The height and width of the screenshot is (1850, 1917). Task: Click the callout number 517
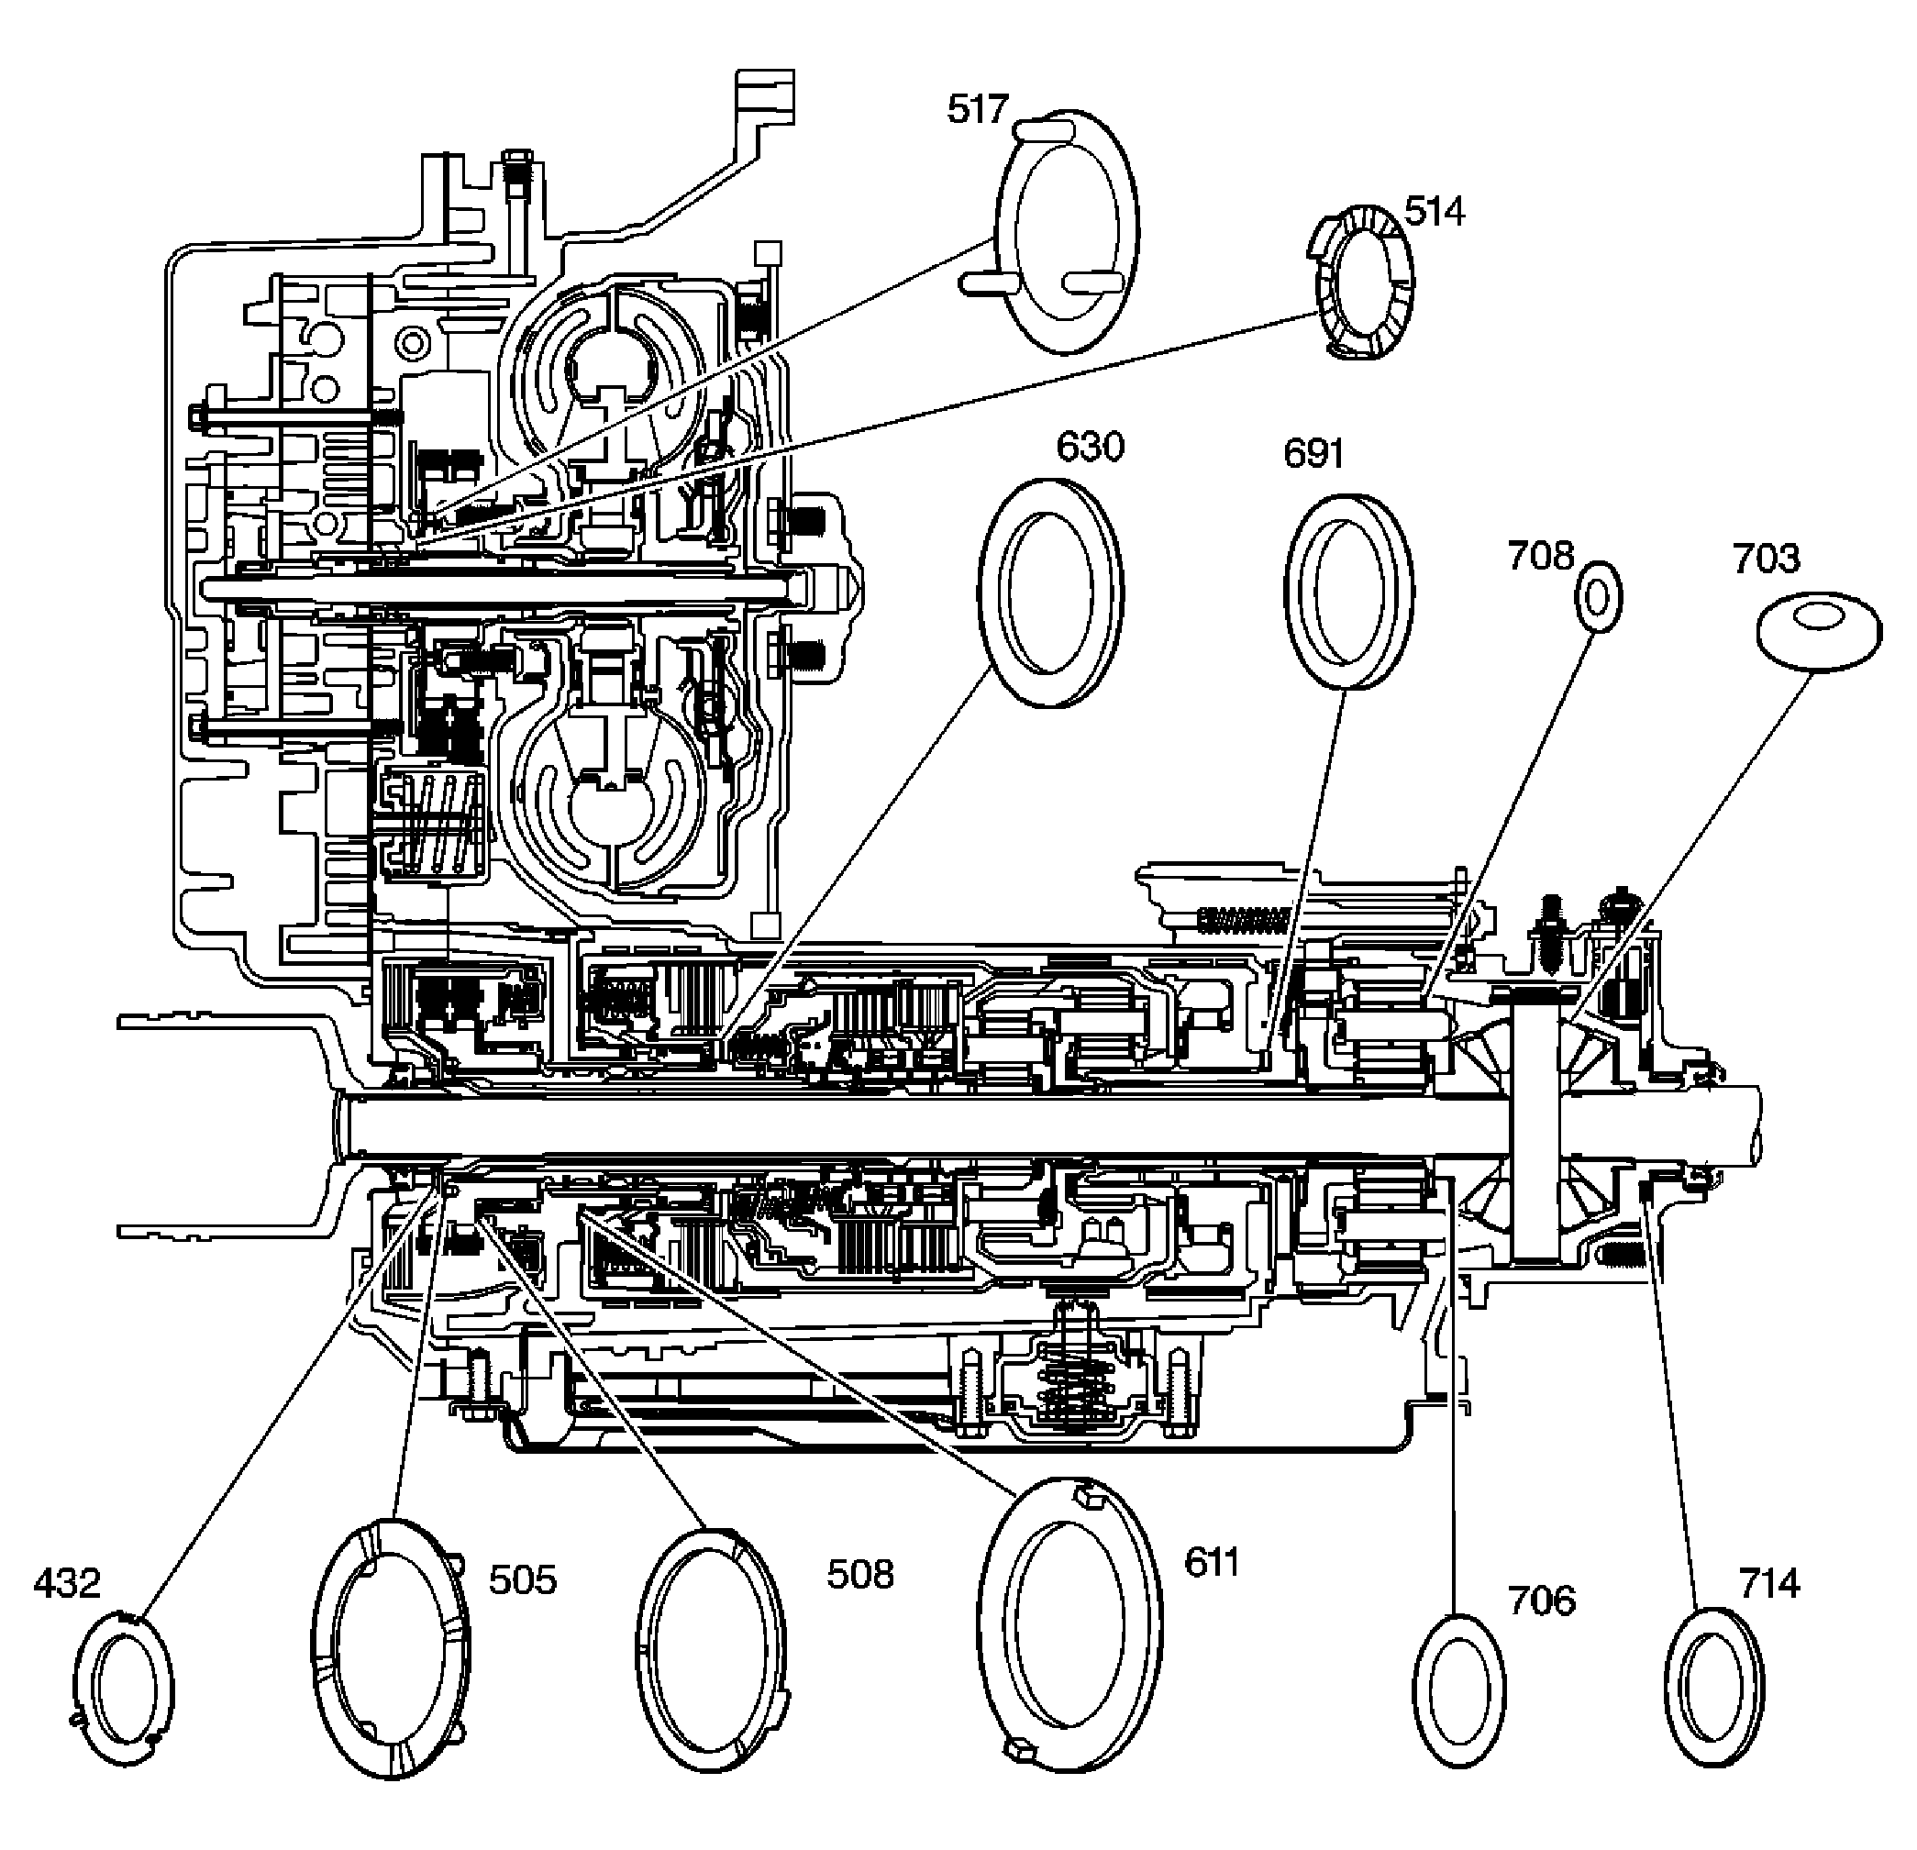coord(976,109)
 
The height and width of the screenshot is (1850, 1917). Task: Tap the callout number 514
coord(1434,211)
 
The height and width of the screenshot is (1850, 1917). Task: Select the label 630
coord(1090,447)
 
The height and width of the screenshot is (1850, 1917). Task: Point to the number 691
coord(1313,454)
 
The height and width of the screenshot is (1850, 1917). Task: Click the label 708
coord(1540,557)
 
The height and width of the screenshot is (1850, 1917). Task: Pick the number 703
coord(1766,559)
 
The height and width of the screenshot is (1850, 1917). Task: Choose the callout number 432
coord(67,1583)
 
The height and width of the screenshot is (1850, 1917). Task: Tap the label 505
coord(522,1579)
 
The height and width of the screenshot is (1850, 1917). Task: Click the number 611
coord(1211,1563)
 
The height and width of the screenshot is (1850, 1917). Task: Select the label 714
coord(1769,1583)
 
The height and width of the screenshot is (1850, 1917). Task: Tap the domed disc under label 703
coord(1818,631)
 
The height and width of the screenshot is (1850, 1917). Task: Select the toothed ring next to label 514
coord(1362,283)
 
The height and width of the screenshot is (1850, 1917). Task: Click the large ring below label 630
coord(1050,593)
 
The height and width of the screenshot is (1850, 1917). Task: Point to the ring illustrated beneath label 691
coord(1347,592)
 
